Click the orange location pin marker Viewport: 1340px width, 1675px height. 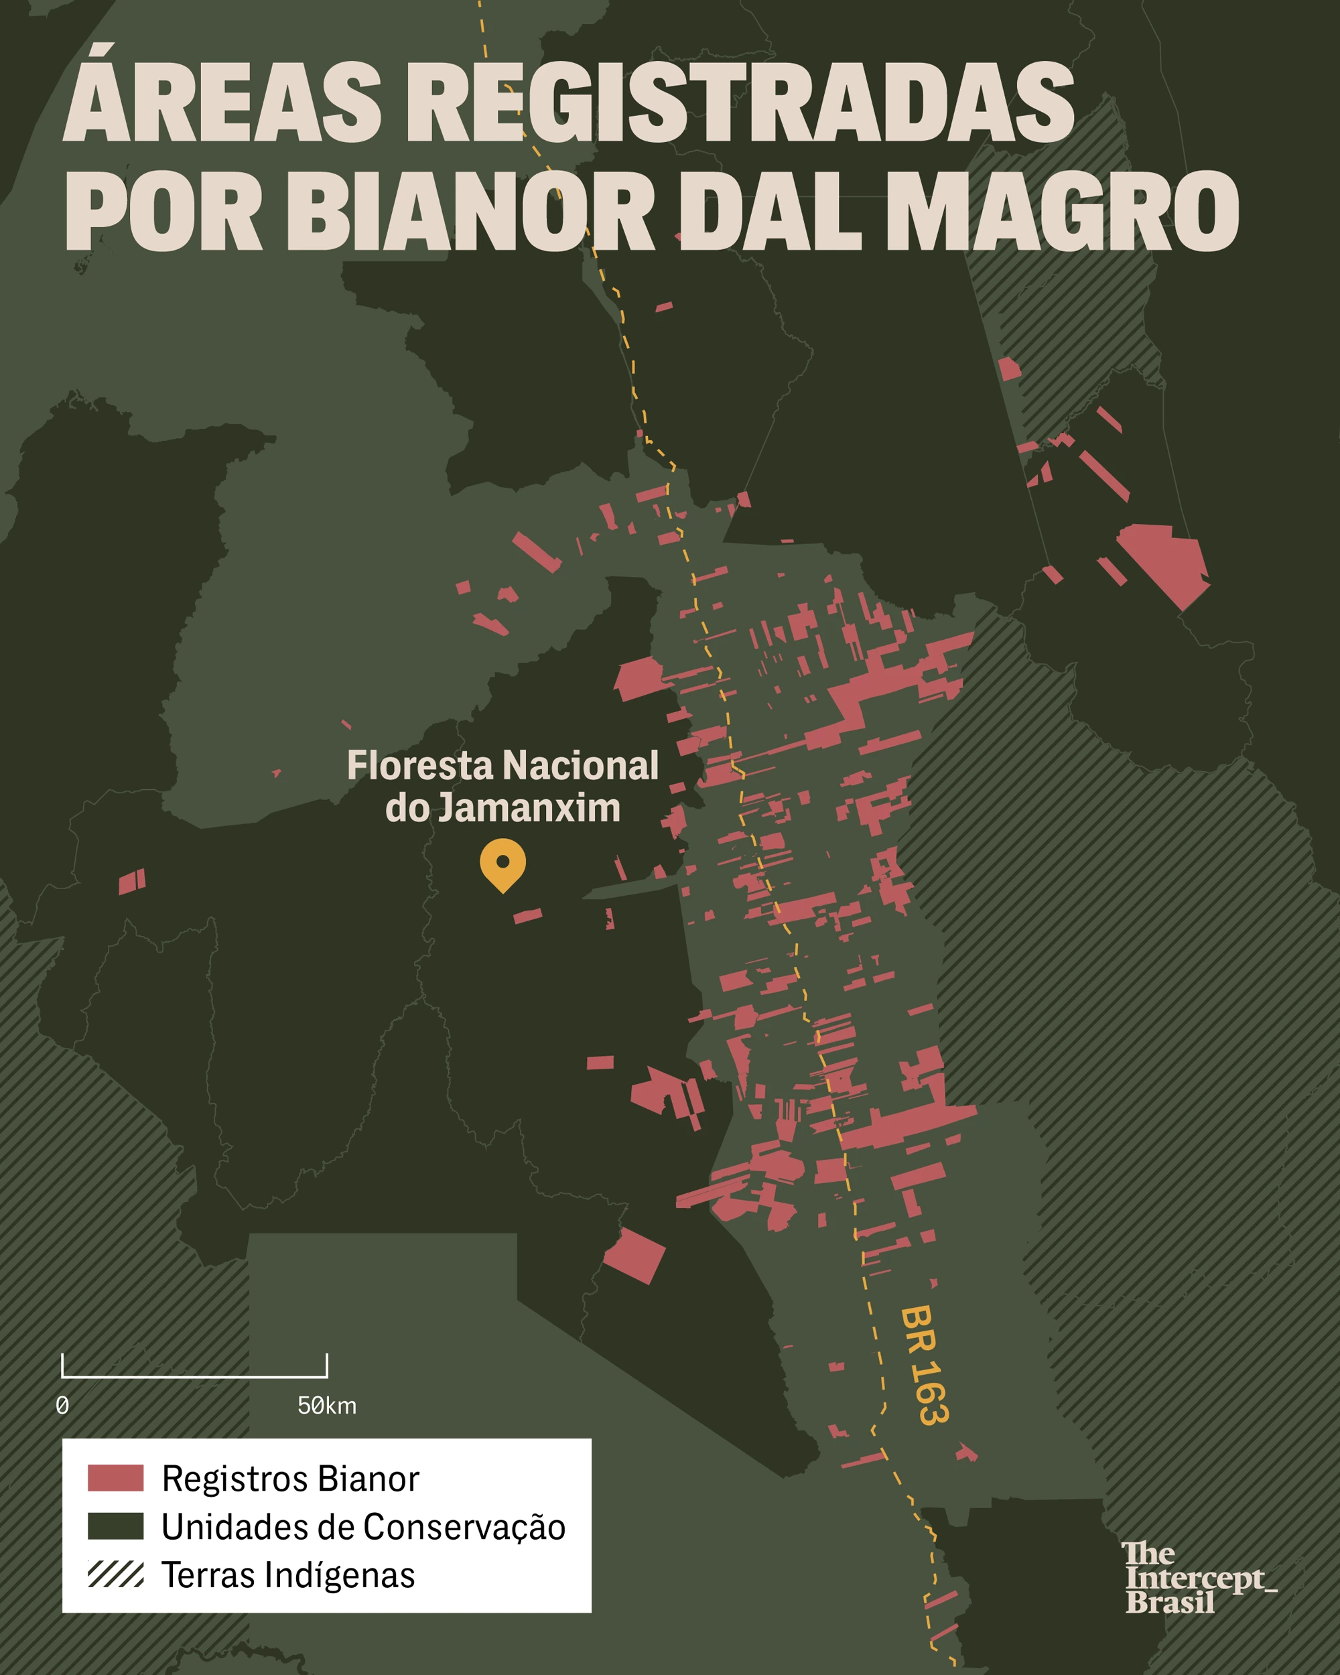pyautogui.click(x=503, y=863)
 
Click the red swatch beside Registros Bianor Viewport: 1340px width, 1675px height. pyautogui.click(x=115, y=1477)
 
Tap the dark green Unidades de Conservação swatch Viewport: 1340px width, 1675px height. pyautogui.click(x=115, y=1526)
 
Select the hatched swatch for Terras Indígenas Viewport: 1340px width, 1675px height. pyautogui.click(x=115, y=1574)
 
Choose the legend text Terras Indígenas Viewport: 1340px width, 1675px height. pyautogui.click(x=288, y=1574)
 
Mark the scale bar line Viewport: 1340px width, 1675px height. pyautogui.click(x=194, y=1376)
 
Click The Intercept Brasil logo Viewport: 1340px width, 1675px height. pyautogui.click(x=1197, y=1578)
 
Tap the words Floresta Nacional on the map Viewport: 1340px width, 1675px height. pyautogui.click(x=503, y=765)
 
